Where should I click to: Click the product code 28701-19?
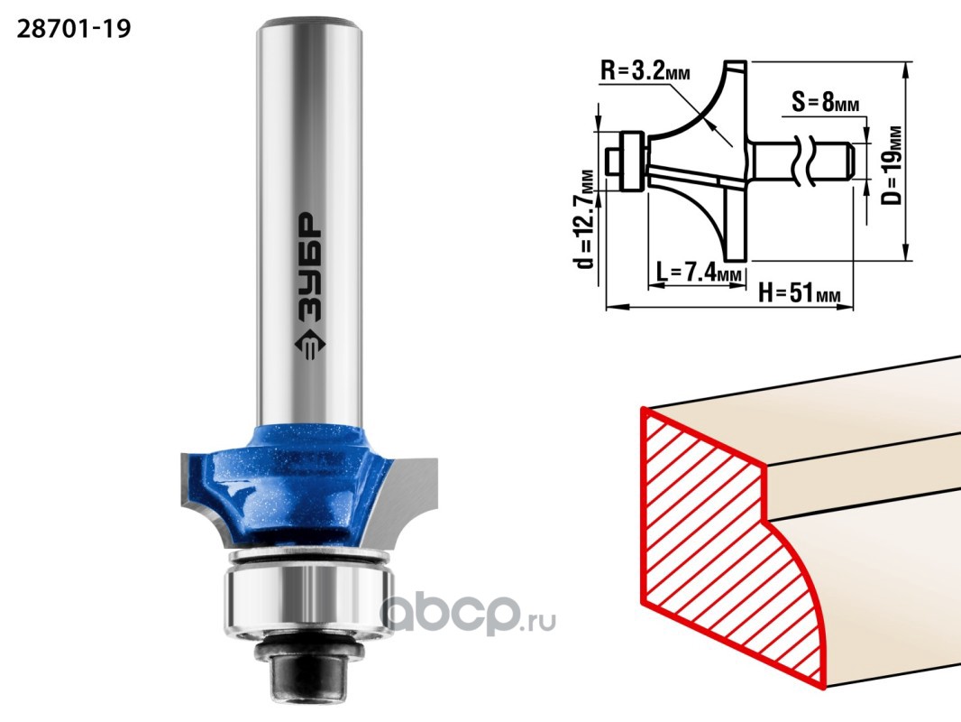pos(74,29)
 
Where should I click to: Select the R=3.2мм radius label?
pos(645,72)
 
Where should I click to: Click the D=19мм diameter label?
pos(893,165)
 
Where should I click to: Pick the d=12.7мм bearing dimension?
pos(587,219)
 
